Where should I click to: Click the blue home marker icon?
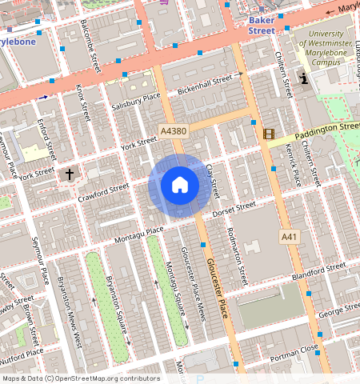coord(180,186)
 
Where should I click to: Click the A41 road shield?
coord(290,237)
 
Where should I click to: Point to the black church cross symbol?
coord(70,174)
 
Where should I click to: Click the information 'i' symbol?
coord(303,78)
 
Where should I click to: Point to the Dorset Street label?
coord(235,209)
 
